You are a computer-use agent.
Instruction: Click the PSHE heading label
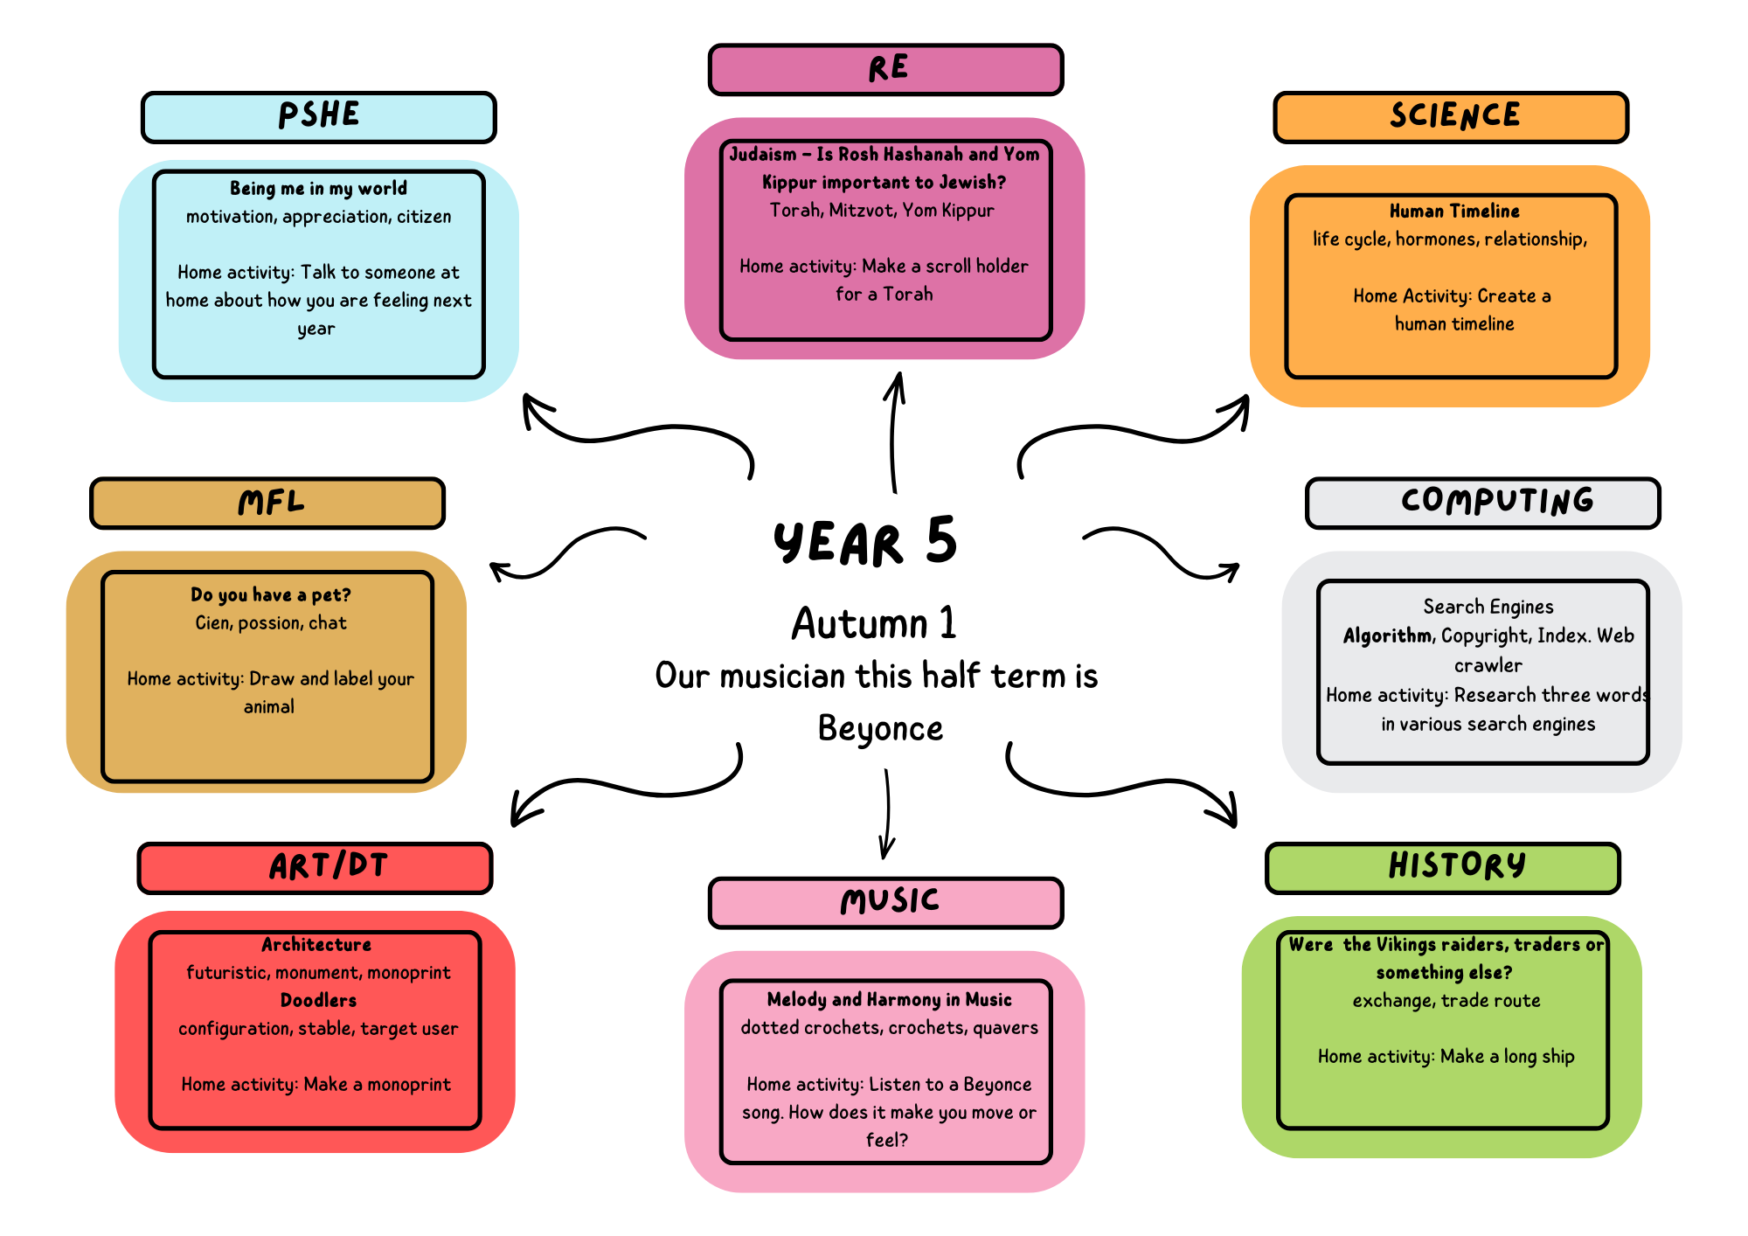(319, 116)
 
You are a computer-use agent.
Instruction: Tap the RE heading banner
(886, 69)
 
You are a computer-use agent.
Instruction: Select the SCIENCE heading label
(1453, 116)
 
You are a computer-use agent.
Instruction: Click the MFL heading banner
(268, 503)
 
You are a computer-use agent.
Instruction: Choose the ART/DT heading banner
(316, 867)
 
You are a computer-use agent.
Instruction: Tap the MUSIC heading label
(886, 902)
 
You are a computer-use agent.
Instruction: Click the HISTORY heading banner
(1444, 867)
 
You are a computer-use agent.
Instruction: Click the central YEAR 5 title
(865, 542)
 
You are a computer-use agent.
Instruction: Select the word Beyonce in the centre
(880, 728)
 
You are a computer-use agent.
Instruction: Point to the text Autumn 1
(874, 624)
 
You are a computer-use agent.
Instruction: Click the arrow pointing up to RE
(893, 433)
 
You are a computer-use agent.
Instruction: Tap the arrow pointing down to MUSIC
(887, 813)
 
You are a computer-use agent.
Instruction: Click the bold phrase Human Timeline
(1454, 212)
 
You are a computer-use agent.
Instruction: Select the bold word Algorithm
(1388, 635)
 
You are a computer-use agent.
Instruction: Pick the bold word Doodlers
(318, 1000)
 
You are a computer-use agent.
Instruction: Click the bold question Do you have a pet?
(271, 595)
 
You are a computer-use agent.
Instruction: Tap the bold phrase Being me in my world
(318, 189)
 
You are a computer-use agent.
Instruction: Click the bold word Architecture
(316, 945)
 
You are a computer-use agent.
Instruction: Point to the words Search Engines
(1488, 607)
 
